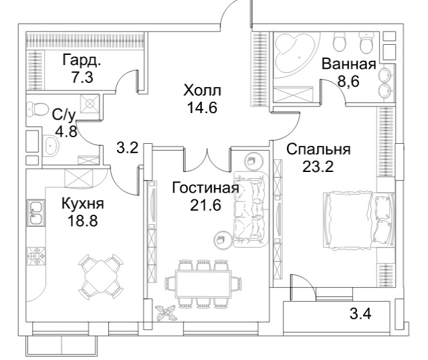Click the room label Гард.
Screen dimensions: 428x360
82,60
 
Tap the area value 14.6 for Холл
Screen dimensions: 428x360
202,107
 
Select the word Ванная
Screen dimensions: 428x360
349,64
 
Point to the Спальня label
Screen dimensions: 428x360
318,150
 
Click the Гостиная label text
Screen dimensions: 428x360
205,188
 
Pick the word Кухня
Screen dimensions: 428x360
83,203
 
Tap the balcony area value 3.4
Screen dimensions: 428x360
360,314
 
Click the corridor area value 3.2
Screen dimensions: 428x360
128,149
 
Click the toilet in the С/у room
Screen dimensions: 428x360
36,108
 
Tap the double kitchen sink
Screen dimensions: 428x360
35,213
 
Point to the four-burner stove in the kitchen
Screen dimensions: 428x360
36,256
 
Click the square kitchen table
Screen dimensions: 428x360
101,276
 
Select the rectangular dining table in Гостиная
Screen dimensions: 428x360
203,284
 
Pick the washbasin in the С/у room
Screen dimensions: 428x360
51,145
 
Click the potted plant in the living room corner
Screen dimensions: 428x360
166,312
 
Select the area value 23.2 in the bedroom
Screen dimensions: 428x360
318,166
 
